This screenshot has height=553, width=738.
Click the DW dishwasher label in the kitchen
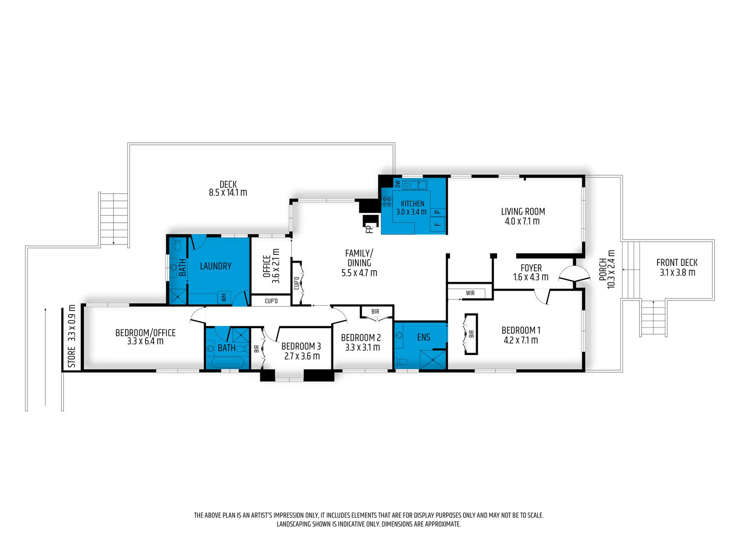397,184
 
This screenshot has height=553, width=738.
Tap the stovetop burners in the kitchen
387,201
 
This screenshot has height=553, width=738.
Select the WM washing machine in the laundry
224,297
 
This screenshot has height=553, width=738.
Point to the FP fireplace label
369,229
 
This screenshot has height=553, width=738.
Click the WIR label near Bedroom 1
470,293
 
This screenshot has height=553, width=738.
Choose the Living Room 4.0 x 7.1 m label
523,216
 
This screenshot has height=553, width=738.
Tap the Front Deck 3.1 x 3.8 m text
677,267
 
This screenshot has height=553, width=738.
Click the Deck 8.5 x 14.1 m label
228,188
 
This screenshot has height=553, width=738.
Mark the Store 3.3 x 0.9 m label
71,336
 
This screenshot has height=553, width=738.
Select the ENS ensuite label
423,337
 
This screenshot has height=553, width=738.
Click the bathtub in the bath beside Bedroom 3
228,363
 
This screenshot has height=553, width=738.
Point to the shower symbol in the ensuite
433,359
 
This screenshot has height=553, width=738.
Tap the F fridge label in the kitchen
437,224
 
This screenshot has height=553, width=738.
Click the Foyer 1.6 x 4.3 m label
531,272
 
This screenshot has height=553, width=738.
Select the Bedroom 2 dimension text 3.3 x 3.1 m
362,347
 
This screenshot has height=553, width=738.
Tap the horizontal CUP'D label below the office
271,301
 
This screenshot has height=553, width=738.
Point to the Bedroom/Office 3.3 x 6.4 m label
145,337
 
